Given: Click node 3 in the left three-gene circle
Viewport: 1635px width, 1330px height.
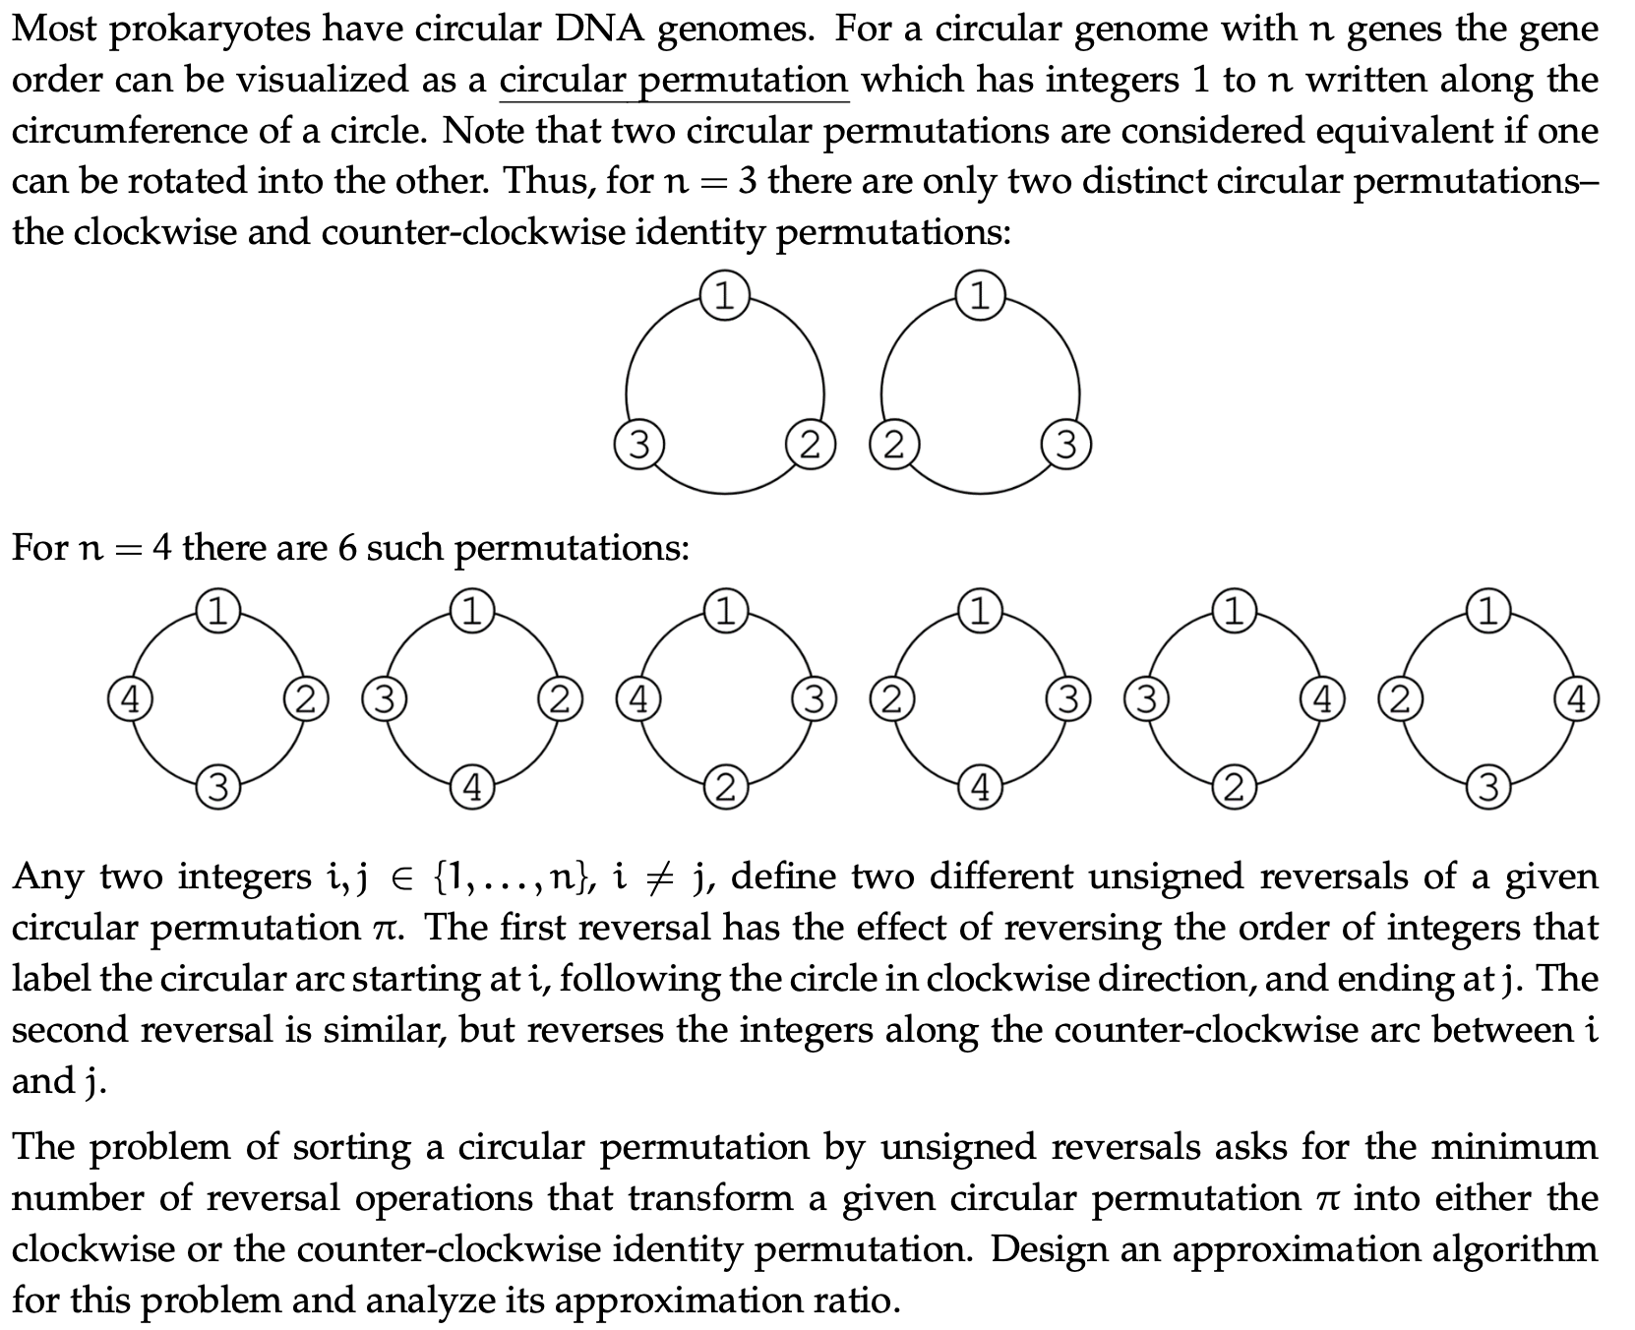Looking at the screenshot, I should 638,446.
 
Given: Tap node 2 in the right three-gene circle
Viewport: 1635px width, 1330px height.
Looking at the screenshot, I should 892,446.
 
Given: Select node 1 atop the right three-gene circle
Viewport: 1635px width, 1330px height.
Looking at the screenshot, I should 980,296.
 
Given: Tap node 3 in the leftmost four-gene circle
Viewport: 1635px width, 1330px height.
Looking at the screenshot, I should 217,788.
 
